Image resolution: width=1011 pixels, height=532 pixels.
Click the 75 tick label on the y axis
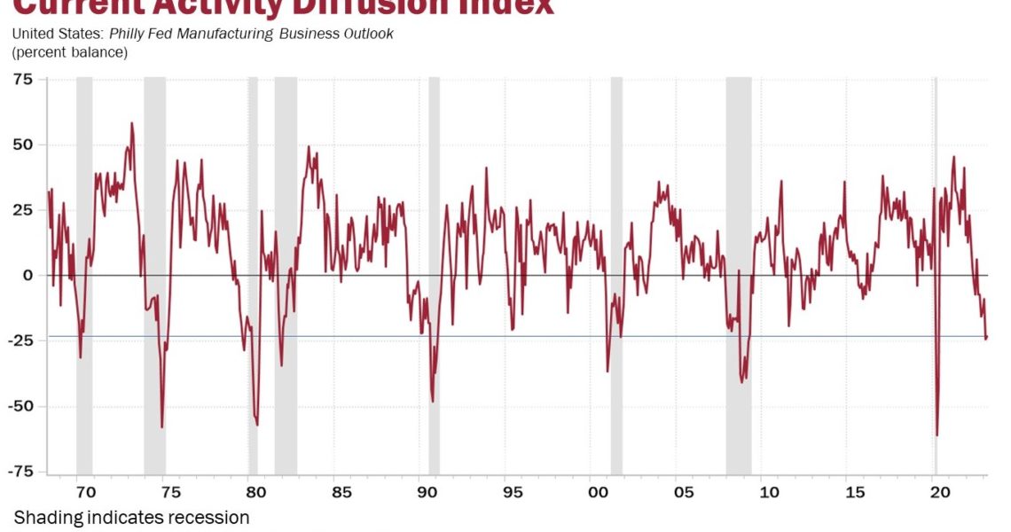click(22, 79)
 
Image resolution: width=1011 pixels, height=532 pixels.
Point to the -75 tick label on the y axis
click(20, 472)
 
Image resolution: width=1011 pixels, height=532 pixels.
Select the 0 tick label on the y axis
click(27, 275)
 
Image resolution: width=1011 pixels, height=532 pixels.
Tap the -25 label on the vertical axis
click(20, 340)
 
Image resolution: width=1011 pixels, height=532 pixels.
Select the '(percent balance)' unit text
click(69, 52)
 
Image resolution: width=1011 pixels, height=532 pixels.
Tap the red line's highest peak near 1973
click(131, 123)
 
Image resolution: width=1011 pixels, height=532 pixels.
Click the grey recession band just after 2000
click(616, 266)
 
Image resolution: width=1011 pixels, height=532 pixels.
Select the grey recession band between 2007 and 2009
click(739, 266)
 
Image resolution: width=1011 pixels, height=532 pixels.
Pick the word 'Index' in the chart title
click(506, 7)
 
